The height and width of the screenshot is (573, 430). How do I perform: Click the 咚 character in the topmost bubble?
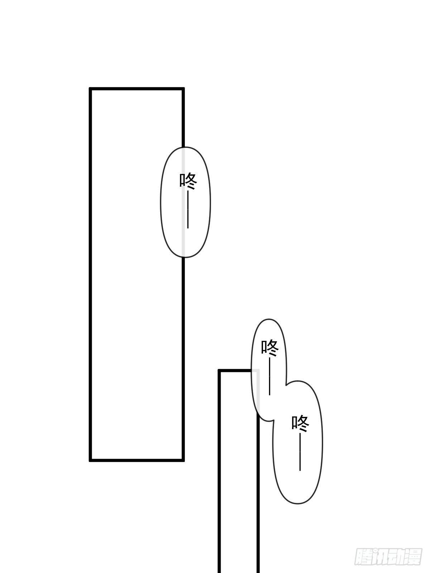(188, 181)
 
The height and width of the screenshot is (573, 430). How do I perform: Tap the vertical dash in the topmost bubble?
(188, 210)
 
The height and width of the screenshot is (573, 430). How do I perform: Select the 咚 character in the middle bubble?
(270, 348)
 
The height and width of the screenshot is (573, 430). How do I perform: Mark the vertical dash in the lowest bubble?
(300, 452)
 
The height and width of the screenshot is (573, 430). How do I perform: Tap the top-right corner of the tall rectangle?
(183, 89)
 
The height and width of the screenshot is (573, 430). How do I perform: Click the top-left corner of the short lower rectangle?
(219, 370)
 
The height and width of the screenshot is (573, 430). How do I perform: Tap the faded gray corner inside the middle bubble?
(258, 371)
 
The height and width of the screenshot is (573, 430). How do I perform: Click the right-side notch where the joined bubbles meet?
(286, 385)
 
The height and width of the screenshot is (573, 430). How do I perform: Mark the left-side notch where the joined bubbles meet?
(273, 420)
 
